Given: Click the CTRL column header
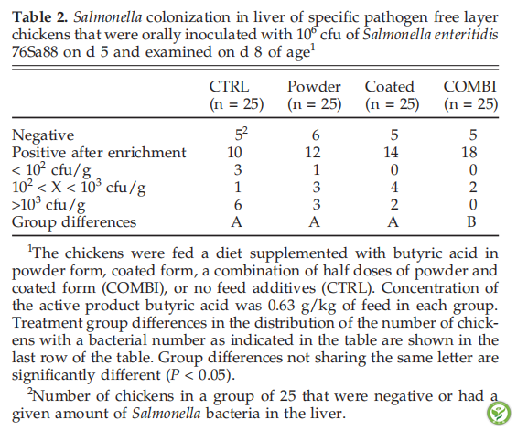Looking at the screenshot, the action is [x=230, y=87].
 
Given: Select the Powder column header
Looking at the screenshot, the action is [x=314, y=87].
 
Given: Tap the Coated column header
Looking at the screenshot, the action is [x=390, y=87].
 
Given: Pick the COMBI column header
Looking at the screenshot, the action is [x=469, y=87].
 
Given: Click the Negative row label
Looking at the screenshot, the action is [x=43, y=135].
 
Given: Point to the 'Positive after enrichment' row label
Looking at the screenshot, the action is [x=99, y=153].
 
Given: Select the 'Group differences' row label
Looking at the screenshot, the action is [x=74, y=222].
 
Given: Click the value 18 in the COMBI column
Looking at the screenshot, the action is [x=469, y=153].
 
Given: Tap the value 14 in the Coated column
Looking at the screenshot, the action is [x=391, y=153].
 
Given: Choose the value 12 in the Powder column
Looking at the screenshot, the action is [x=313, y=153].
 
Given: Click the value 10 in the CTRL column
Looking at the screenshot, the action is [x=234, y=153].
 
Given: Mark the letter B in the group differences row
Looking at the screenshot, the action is [x=471, y=222].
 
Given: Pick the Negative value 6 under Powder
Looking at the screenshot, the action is [x=316, y=135].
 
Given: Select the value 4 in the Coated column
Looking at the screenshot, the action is [x=394, y=188].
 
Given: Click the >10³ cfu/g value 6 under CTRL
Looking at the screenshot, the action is [x=238, y=205].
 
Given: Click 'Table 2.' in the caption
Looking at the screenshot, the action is [x=39, y=17].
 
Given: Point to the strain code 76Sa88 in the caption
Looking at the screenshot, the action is [x=35, y=52].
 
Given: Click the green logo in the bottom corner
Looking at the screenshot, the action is [x=498, y=413].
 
